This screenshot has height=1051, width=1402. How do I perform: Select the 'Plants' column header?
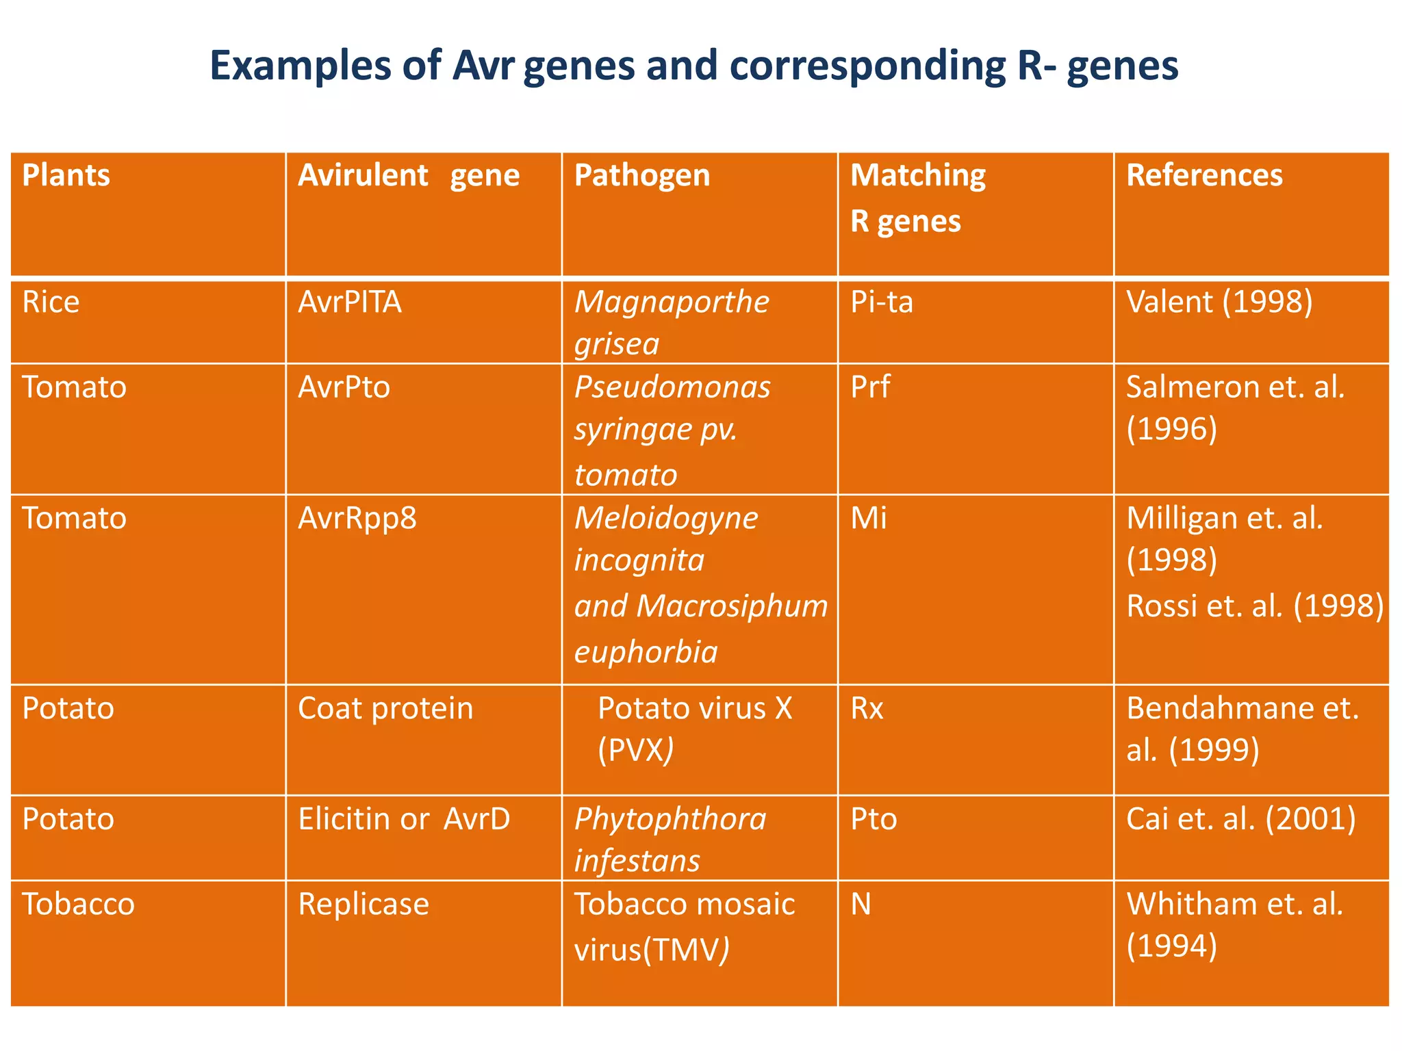(x=66, y=175)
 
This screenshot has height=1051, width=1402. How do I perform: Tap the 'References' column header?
(x=1204, y=175)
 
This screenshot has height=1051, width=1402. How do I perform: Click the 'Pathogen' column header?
(x=642, y=175)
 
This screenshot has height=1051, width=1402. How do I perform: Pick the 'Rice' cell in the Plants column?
(x=51, y=302)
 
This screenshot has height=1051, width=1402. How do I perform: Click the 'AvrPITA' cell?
(x=350, y=302)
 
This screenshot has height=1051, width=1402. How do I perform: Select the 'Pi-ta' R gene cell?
(x=882, y=302)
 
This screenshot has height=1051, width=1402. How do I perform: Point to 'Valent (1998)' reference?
(x=1219, y=302)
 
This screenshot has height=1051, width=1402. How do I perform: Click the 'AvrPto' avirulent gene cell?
(x=344, y=387)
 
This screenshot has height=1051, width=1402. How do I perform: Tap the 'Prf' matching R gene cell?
(x=870, y=387)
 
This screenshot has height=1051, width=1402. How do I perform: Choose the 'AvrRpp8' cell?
(x=357, y=519)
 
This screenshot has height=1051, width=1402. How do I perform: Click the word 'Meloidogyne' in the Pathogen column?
(x=665, y=519)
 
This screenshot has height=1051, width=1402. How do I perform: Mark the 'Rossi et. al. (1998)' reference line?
(x=1255, y=606)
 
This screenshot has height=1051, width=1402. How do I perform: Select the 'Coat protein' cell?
(x=385, y=708)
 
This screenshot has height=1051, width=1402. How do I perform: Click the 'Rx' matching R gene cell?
(x=867, y=708)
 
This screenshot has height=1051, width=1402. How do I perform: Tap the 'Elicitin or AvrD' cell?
(x=404, y=819)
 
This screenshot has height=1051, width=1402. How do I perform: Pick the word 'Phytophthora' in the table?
(x=670, y=819)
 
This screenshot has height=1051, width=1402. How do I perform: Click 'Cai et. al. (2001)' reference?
(x=1240, y=819)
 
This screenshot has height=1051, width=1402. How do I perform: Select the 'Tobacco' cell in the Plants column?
(x=78, y=905)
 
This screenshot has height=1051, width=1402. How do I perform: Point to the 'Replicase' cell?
(x=364, y=905)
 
